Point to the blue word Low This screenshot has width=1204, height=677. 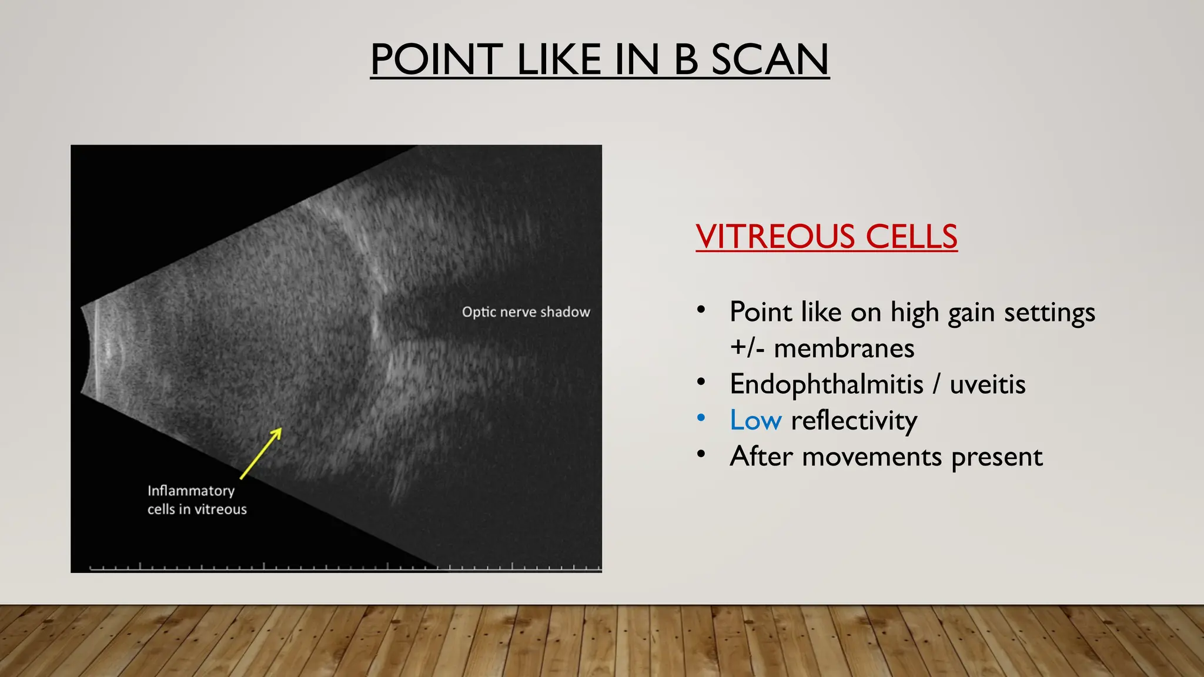click(x=755, y=420)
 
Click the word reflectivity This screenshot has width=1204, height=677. click(x=854, y=421)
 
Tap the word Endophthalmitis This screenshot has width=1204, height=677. click(x=826, y=384)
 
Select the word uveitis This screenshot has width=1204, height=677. click(x=988, y=384)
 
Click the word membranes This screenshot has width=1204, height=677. click(x=844, y=348)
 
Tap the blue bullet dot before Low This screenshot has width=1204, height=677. click(x=701, y=418)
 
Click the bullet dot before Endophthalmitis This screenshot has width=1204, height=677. click(x=701, y=382)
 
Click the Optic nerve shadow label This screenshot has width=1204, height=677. click(x=526, y=312)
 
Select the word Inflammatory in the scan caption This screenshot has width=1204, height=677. click(x=190, y=491)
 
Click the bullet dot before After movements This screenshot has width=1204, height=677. click(x=701, y=454)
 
